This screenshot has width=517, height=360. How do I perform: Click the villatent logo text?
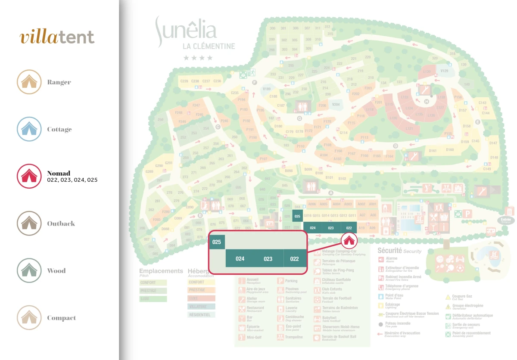click(x=57, y=37)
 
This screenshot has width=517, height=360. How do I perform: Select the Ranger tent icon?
click(x=29, y=82)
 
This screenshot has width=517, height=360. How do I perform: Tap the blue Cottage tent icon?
click(x=29, y=129)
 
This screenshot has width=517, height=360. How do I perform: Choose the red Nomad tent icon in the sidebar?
click(x=29, y=176)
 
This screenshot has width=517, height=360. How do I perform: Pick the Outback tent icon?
click(x=29, y=223)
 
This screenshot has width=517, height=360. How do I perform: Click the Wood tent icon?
click(x=29, y=270)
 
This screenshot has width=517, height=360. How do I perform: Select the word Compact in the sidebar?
click(x=61, y=318)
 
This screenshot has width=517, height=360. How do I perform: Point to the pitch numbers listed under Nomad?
click(x=72, y=180)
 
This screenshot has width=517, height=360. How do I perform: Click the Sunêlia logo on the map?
click(x=186, y=31)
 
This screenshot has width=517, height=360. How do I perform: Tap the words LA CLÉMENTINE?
click(x=209, y=47)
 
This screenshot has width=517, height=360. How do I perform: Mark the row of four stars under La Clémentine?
click(x=198, y=58)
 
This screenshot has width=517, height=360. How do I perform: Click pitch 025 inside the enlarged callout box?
click(x=217, y=242)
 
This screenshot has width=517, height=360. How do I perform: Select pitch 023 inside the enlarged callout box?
click(x=268, y=259)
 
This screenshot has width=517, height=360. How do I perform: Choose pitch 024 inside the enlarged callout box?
click(x=240, y=259)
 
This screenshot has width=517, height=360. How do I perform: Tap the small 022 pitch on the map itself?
click(x=349, y=228)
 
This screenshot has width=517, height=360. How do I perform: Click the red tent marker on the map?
click(x=349, y=240)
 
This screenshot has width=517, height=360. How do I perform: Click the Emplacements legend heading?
click(x=161, y=271)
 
